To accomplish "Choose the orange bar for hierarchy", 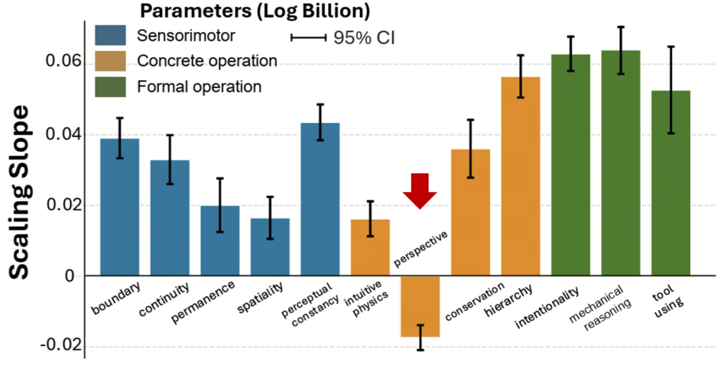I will tap(520, 176).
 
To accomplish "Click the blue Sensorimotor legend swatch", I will tap(110, 36).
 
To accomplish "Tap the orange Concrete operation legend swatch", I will tap(110, 61).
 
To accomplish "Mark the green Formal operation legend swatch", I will tap(110, 86).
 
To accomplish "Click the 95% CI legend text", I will tap(364, 37).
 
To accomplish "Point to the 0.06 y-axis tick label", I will tap(64, 62).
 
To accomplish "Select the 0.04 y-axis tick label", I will tap(64, 134).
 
